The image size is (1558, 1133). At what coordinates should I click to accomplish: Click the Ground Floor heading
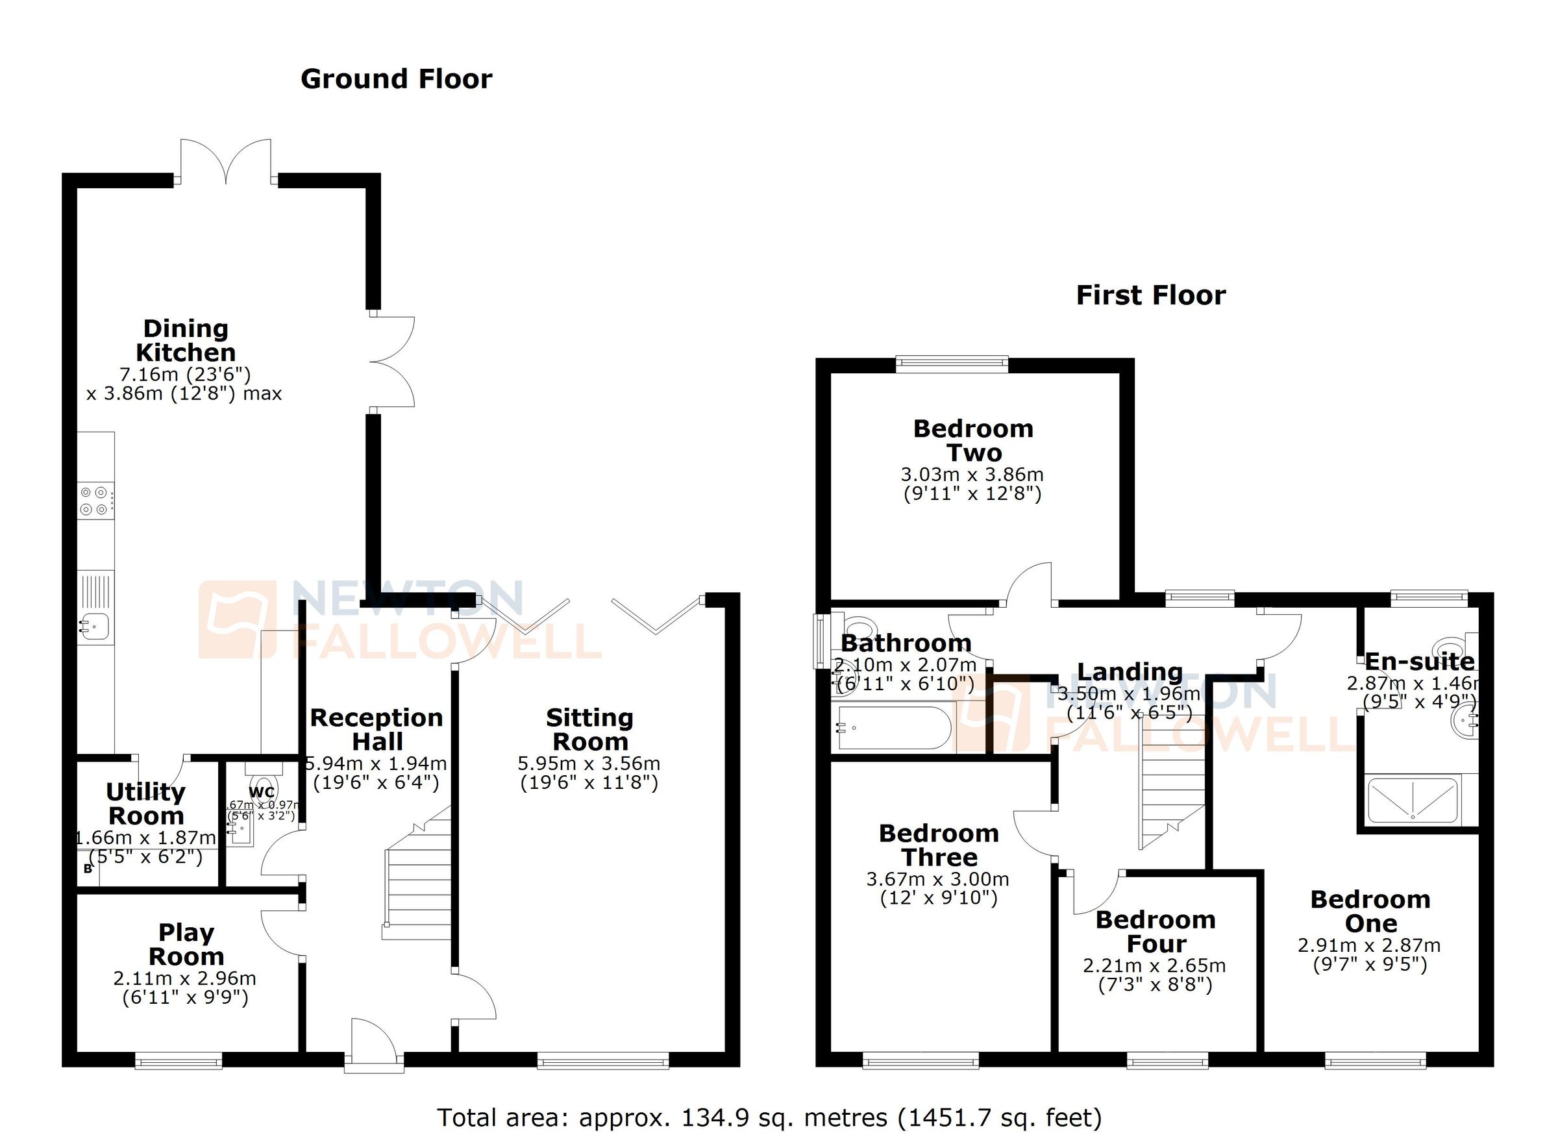pyautogui.click(x=397, y=80)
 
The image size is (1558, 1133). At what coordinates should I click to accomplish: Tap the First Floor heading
pyautogui.click(x=1150, y=295)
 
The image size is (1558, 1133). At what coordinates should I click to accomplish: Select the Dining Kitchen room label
pyautogui.click(x=186, y=341)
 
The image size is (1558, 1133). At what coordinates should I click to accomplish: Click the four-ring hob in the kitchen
pyautogui.click(x=95, y=501)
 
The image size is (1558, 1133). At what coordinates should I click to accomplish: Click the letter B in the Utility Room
pyautogui.click(x=88, y=869)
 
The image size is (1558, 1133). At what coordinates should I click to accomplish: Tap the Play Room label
pyautogui.click(x=186, y=944)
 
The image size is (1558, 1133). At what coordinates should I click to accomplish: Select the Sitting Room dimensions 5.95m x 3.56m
pyautogui.click(x=589, y=764)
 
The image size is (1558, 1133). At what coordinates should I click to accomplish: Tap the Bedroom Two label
pyautogui.click(x=972, y=440)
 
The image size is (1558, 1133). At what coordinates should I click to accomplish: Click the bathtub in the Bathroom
pyautogui.click(x=893, y=728)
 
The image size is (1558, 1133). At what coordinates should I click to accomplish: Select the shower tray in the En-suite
pyautogui.click(x=1413, y=800)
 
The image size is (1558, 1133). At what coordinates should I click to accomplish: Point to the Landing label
pyautogui.click(x=1130, y=671)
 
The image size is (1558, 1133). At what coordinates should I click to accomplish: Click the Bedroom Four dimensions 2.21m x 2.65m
pyautogui.click(x=1154, y=965)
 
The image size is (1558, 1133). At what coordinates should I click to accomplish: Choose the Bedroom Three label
pyautogui.click(x=939, y=845)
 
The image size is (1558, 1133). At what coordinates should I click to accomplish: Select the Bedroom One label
pyautogui.click(x=1370, y=911)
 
